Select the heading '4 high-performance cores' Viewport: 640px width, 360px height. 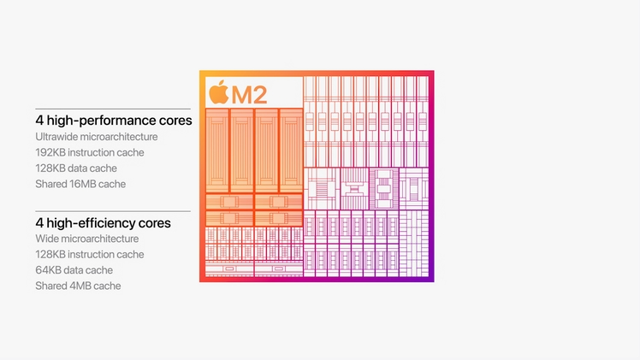(x=113, y=121)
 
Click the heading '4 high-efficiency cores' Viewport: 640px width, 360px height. (x=103, y=223)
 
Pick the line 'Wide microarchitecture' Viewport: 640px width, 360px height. (x=87, y=239)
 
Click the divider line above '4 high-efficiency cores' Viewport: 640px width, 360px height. (x=113, y=211)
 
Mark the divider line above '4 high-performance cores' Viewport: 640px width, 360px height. (x=113, y=109)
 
